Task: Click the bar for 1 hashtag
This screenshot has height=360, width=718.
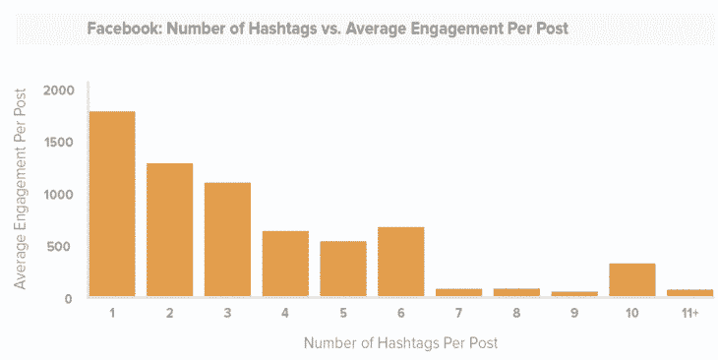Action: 111,204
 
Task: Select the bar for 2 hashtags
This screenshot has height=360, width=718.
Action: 169,230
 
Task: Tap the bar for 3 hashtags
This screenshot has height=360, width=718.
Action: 227,239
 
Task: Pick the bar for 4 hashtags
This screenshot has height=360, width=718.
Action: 285,264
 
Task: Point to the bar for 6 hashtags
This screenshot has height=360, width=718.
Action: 401,262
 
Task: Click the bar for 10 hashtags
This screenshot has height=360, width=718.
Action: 632,280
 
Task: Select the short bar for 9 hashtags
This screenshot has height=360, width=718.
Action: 574,293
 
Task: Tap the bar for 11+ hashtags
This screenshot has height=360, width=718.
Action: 689,292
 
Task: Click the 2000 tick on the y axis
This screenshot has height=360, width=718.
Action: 59,90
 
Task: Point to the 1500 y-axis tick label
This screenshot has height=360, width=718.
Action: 59,143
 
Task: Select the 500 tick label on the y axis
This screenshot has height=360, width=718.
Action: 63,246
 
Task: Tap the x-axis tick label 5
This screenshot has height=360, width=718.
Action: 343,314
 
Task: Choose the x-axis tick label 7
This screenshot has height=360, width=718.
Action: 458,314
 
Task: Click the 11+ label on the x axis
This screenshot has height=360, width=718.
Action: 689,314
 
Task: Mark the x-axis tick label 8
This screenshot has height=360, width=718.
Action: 516,314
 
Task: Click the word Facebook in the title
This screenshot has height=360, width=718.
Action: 122,29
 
